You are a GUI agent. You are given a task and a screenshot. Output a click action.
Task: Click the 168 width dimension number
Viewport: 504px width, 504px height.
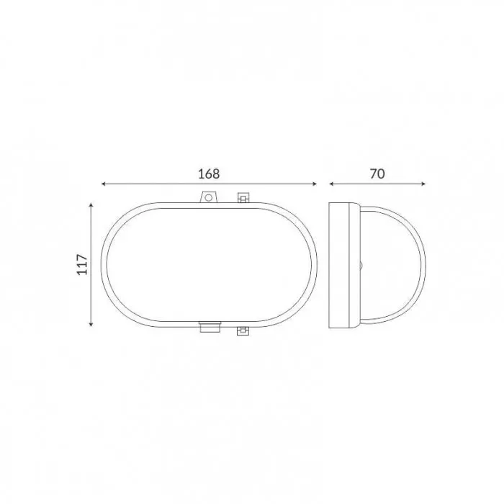209,174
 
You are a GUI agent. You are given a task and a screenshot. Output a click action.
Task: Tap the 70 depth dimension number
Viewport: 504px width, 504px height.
377,174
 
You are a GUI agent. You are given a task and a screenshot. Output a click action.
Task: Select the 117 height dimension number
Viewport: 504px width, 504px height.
82,264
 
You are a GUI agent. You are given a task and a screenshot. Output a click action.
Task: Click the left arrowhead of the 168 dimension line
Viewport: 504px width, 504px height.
104,184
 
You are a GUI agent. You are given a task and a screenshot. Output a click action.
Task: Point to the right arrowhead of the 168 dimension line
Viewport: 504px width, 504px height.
315,184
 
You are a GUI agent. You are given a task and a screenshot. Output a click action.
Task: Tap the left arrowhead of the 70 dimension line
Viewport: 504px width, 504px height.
332,184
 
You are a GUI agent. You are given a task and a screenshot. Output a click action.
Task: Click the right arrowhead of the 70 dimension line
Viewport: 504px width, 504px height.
423,184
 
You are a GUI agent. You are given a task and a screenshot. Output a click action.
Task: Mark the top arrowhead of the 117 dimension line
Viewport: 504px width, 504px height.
91,205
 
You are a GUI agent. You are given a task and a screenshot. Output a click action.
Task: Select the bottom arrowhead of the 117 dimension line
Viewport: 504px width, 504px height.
91,324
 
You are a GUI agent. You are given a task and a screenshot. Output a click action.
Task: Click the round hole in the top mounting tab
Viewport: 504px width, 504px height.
208,197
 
